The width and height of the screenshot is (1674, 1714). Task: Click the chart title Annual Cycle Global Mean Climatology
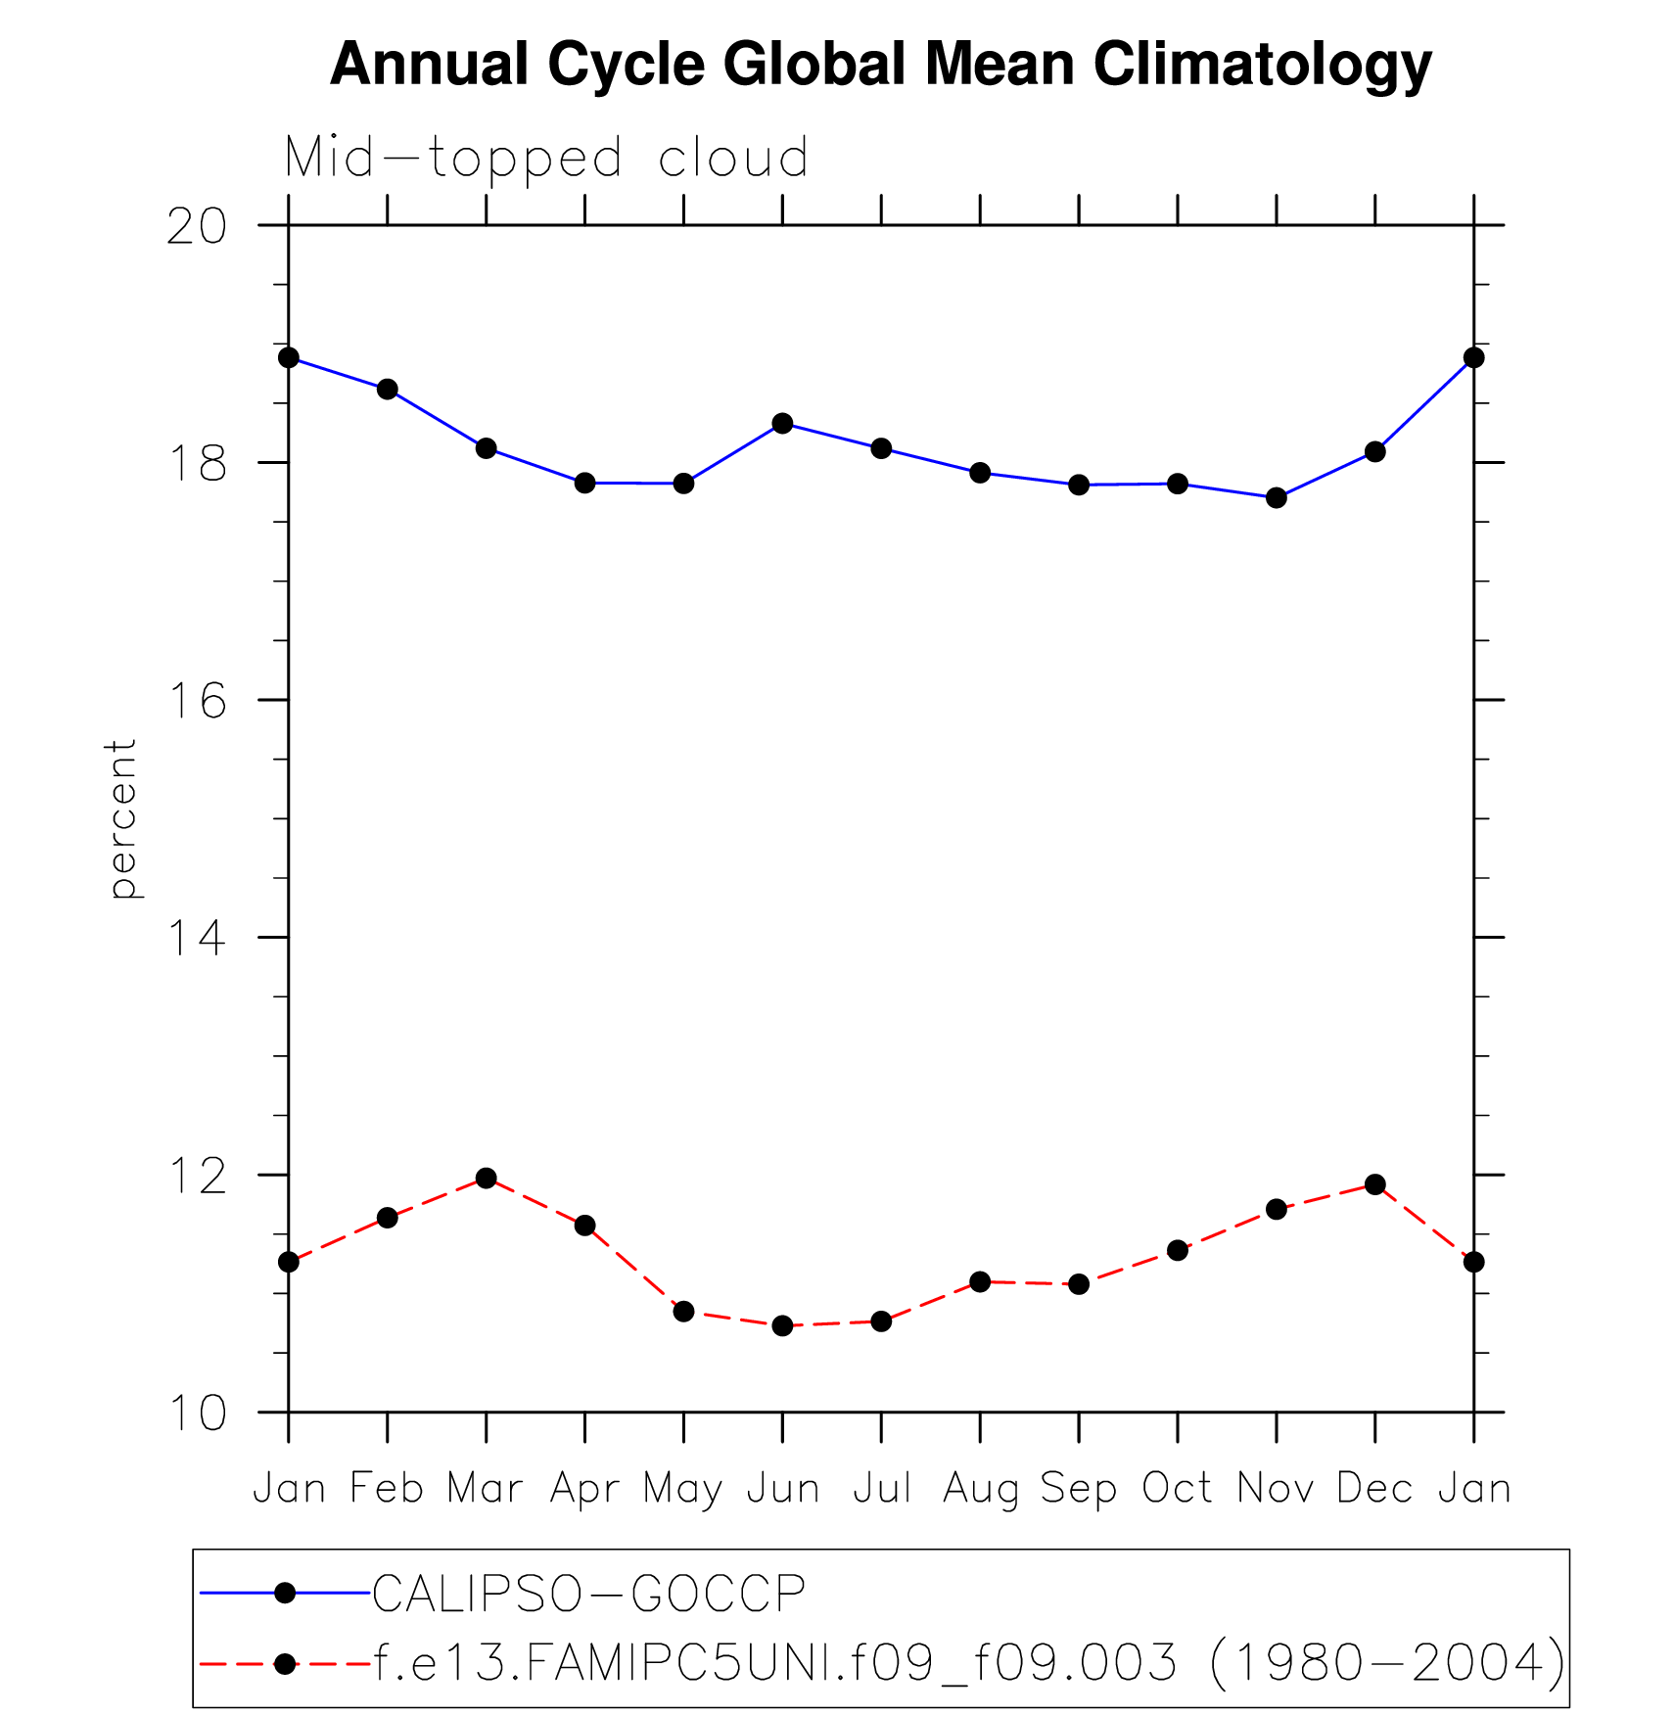[880, 66]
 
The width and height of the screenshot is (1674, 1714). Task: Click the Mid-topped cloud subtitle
[546, 159]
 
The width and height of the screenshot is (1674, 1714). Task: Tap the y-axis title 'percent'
[122, 818]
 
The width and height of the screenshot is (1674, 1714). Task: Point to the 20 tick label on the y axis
[196, 226]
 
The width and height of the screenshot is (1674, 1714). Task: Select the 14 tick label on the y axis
[196, 938]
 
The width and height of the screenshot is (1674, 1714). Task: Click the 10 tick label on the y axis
[196, 1413]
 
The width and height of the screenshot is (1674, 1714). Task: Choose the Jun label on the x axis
[782, 1489]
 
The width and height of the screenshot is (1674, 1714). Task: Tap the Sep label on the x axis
[1078, 1489]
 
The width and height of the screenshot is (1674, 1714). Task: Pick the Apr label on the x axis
[584, 1489]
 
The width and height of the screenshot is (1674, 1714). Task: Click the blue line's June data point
[782, 423]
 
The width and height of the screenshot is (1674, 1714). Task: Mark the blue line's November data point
[1276, 498]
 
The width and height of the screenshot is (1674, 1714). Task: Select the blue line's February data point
[388, 389]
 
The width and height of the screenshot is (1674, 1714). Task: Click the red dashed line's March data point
[486, 1178]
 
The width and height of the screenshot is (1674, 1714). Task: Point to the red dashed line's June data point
[782, 1325]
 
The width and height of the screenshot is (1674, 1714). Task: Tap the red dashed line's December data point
[1374, 1184]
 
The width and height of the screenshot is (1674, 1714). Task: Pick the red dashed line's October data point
[1177, 1250]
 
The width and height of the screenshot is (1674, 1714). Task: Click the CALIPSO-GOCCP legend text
[588, 1594]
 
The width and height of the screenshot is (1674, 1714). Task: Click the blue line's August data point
[980, 473]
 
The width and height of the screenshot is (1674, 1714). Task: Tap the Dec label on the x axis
[1374, 1489]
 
